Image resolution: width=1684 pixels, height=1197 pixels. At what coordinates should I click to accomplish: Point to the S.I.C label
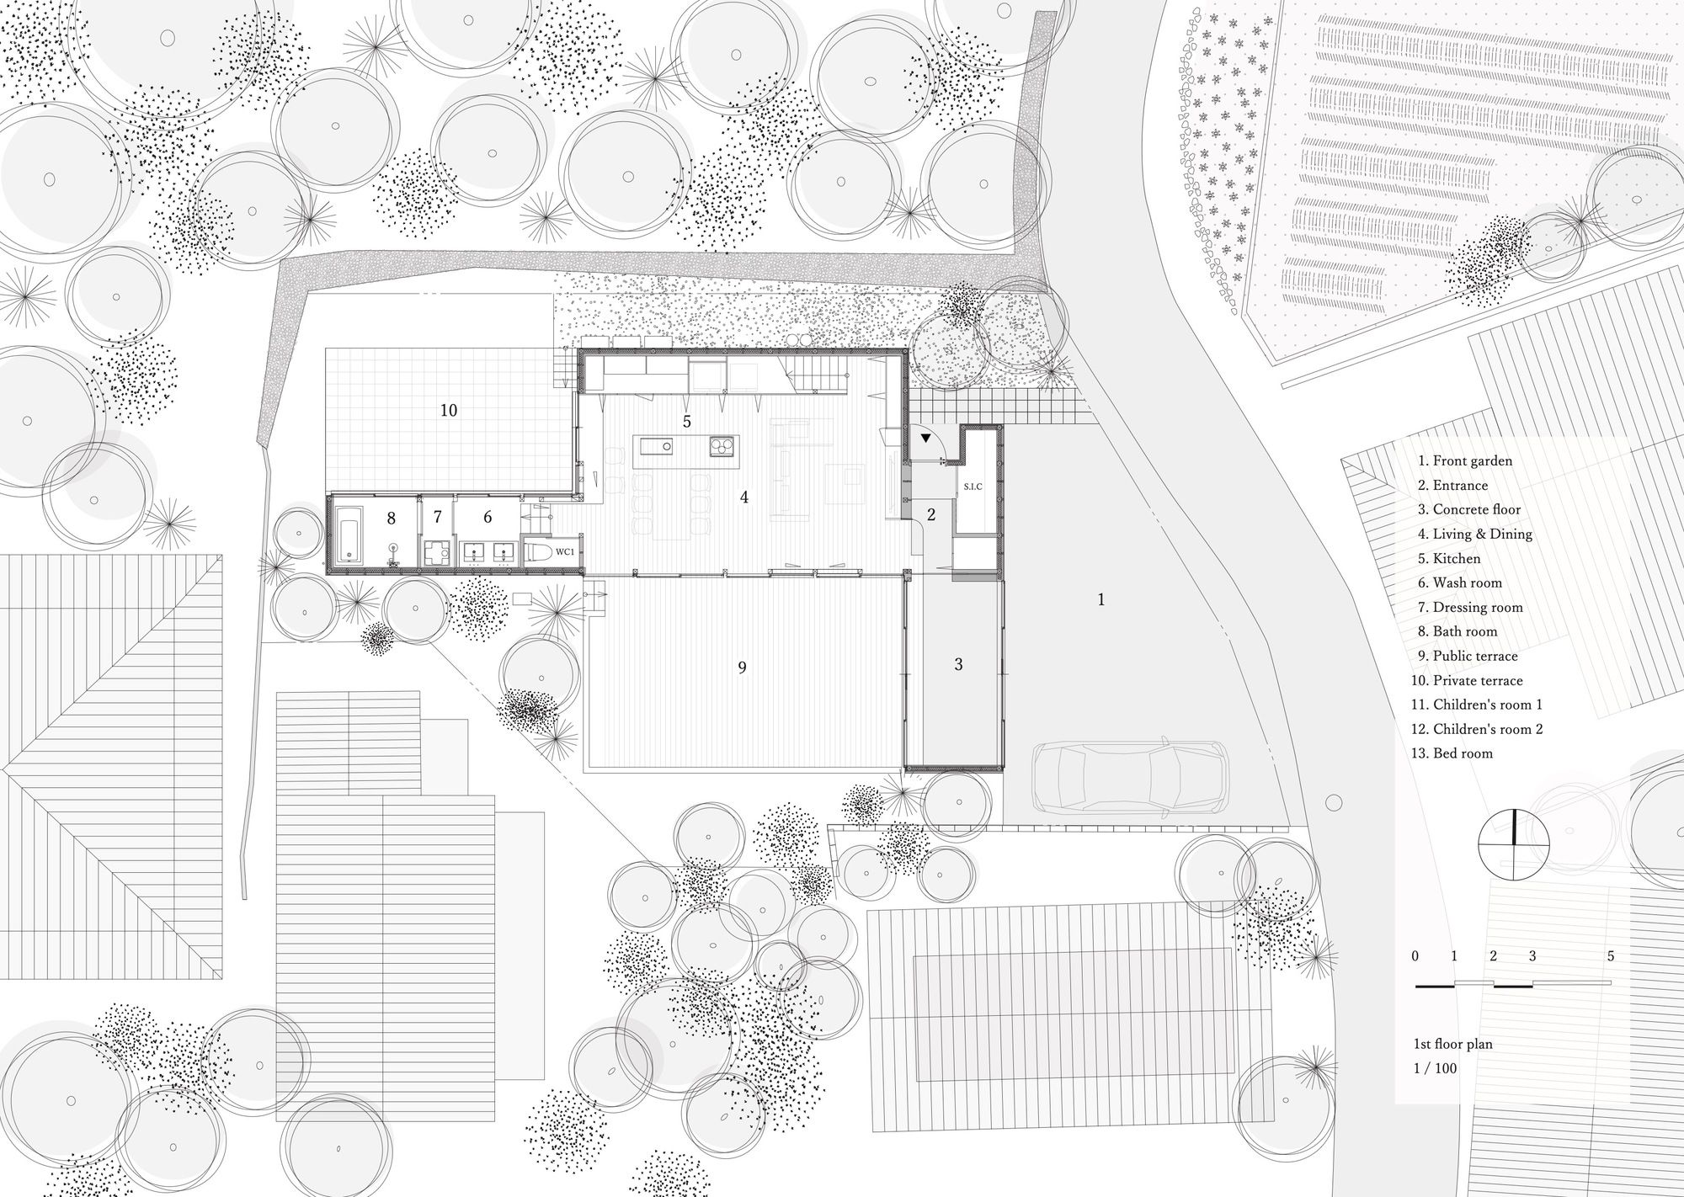(x=973, y=487)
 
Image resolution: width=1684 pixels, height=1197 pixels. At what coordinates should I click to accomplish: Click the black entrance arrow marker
(x=926, y=439)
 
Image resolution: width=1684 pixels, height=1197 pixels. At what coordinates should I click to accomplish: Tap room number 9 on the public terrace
(x=742, y=668)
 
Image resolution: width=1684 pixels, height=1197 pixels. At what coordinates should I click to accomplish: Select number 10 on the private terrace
(x=449, y=410)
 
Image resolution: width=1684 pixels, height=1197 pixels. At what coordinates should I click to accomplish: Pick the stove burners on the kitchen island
(x=722, y=446)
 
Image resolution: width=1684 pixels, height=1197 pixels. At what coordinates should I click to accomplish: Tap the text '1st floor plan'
(x=1452, y=1044)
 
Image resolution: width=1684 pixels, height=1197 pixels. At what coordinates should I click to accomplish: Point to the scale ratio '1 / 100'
(x=1435, y=1068)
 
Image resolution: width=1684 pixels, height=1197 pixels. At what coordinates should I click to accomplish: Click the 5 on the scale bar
(x=1610, y=956)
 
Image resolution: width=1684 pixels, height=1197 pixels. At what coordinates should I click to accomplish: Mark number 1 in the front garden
(x=1100, y=600)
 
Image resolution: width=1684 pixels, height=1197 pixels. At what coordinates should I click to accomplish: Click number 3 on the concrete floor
(x=958, y=664)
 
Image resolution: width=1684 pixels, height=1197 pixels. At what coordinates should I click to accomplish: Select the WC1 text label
(x=563, y=551)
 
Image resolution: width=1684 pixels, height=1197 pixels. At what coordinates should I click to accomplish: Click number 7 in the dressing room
(x=437, y=517)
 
